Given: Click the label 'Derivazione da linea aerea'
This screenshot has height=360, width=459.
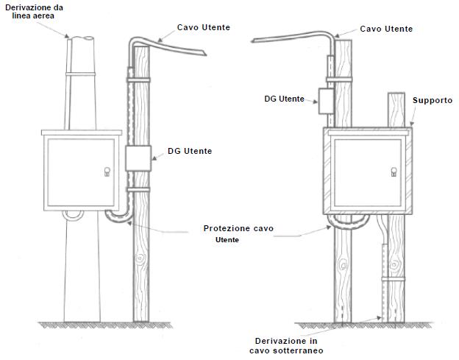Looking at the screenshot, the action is pos(34,12).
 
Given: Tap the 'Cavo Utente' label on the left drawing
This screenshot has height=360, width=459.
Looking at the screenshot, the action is pos(204,27).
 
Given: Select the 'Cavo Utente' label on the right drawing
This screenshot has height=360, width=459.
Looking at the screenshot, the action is pos(386,29).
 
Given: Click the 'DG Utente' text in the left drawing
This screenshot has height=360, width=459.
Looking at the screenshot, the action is pos(190,151).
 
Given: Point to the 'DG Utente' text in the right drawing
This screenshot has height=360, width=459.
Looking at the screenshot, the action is pos(284,99).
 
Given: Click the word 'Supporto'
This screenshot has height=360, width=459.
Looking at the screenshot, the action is pos(433,100).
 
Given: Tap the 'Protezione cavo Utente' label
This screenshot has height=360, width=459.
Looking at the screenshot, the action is pos(238,234).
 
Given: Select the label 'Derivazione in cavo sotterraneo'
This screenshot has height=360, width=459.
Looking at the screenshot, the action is pos(286,346).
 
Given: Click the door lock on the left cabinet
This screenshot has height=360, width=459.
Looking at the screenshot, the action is pos(107,172).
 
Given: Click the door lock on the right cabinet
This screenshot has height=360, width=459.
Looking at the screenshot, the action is pos(394,172).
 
